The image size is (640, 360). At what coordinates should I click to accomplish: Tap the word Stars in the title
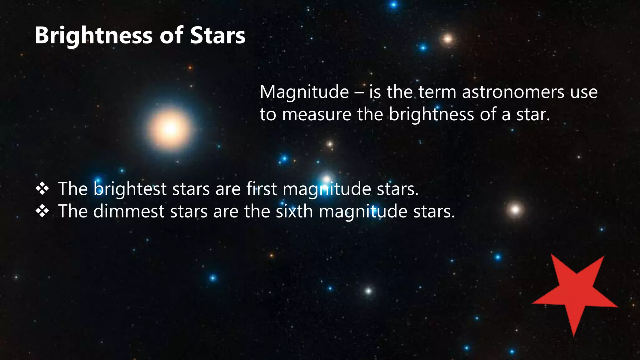218,36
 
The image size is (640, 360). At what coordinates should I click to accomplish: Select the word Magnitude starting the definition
304,92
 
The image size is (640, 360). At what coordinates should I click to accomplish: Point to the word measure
317,115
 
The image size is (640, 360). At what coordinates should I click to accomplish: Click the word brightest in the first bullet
130,189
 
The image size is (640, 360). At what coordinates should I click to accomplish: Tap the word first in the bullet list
261,189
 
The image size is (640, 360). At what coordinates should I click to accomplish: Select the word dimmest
128,212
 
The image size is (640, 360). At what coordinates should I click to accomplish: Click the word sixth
294,212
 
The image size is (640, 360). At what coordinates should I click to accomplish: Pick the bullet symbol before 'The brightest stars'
42,189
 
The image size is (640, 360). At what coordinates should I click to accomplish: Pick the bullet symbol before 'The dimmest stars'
42,211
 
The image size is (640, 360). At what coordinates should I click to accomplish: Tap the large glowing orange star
170,128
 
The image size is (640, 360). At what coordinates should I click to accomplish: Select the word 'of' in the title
172,36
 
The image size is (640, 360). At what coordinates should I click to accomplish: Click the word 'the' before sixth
257,212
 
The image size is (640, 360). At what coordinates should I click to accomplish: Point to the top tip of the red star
552,254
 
